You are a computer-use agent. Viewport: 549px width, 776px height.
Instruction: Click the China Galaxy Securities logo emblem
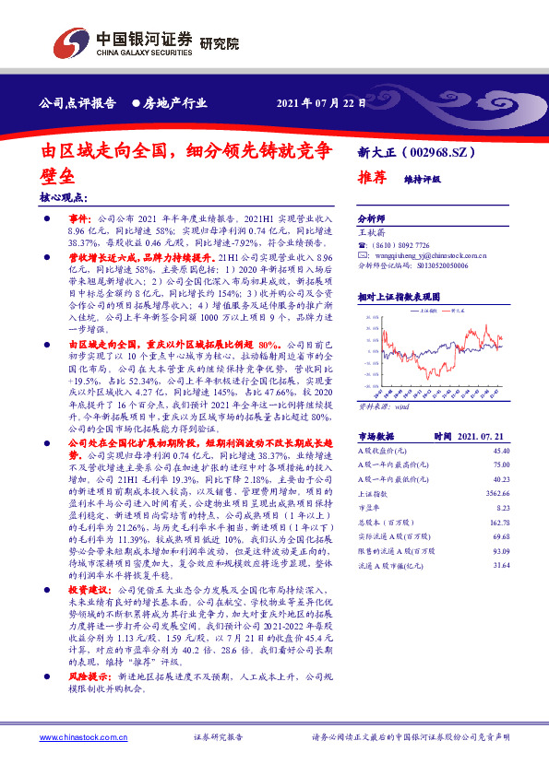tap(69, 43)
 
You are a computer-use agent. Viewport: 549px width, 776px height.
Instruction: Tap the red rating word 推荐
tap(371, 180)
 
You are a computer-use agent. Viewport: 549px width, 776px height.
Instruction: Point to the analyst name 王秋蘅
tap(372, 233)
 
